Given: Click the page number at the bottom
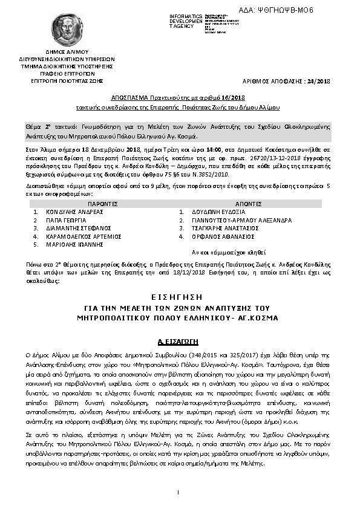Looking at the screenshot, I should click(x=180, y=494).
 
